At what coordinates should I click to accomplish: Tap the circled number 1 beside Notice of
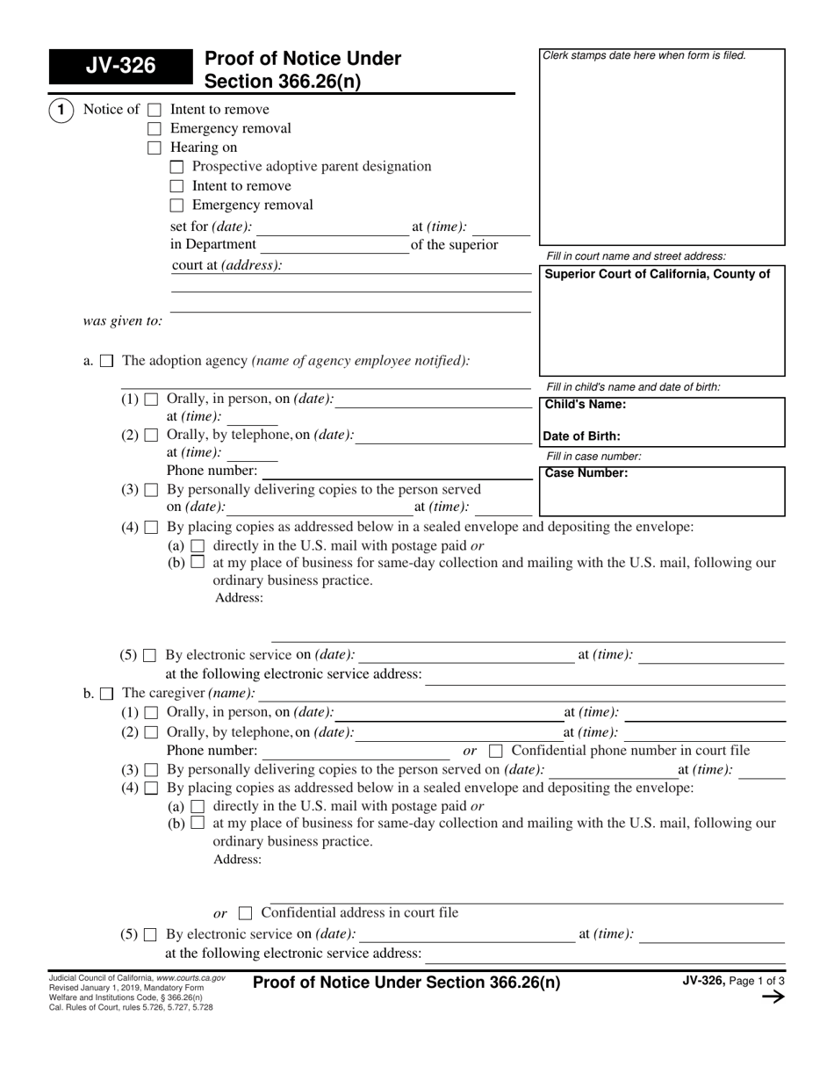click(x=61, y=110)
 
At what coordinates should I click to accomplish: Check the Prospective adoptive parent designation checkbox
click(x=176, y=167)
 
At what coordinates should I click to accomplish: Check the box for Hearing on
click(x=155, y=148)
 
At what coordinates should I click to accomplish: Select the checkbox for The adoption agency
click(x=106, y=361)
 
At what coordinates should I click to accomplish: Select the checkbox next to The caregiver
click(x=106, y=694)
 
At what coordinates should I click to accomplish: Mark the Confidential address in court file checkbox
click(x=245, y=913)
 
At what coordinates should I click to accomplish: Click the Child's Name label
click(x=586, y=405)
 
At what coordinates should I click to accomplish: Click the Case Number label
click(x=586, y=473)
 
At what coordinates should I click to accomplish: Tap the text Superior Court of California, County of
click(x=658, y=274)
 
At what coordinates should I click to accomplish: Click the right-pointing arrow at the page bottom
click(x=773, y=997)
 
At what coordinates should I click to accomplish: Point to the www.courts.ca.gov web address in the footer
click(x=191, y=977)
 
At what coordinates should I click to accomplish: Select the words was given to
click(x=123, y=321)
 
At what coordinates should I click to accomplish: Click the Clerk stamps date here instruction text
click(x=644, y=55)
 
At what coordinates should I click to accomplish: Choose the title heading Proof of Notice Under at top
click(x=302, y=60)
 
